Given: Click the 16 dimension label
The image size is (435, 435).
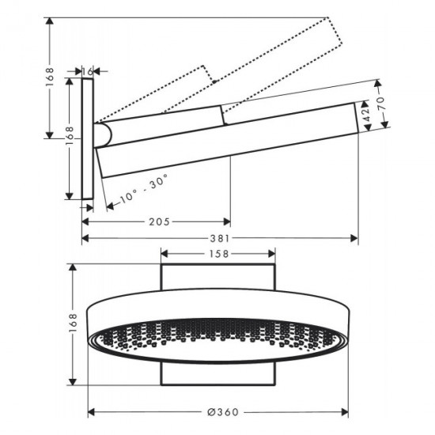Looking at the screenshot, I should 89,71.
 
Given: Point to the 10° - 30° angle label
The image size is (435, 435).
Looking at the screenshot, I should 142,187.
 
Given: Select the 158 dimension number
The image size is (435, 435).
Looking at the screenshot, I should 219,254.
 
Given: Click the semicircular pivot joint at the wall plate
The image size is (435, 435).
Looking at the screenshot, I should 101,134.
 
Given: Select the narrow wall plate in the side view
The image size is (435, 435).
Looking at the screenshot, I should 89,138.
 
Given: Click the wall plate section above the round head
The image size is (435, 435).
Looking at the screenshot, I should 219,279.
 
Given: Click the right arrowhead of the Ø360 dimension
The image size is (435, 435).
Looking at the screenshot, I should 348,411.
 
